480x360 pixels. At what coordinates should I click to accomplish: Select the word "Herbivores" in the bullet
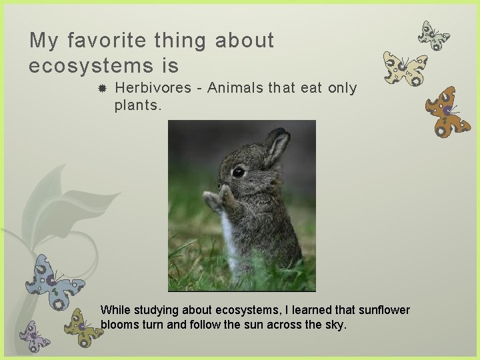[153, 88]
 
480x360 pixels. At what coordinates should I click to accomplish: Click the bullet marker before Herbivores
[103, 89]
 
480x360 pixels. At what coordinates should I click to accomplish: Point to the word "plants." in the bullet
[138, 104]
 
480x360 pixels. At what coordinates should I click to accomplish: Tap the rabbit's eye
[239, 171]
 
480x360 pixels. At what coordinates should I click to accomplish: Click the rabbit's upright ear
[276, 147]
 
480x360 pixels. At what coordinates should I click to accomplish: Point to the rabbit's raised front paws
[217, 199]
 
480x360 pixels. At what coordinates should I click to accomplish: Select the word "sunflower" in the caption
[385, 310]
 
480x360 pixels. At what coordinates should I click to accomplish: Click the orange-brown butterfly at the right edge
[447, 111]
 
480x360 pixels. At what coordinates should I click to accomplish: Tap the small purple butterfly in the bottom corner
[34, 337]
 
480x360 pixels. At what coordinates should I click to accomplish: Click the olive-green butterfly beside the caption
[83, 327]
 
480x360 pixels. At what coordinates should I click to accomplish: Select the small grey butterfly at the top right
[433, 35]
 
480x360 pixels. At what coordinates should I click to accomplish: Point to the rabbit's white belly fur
[229, 240]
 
